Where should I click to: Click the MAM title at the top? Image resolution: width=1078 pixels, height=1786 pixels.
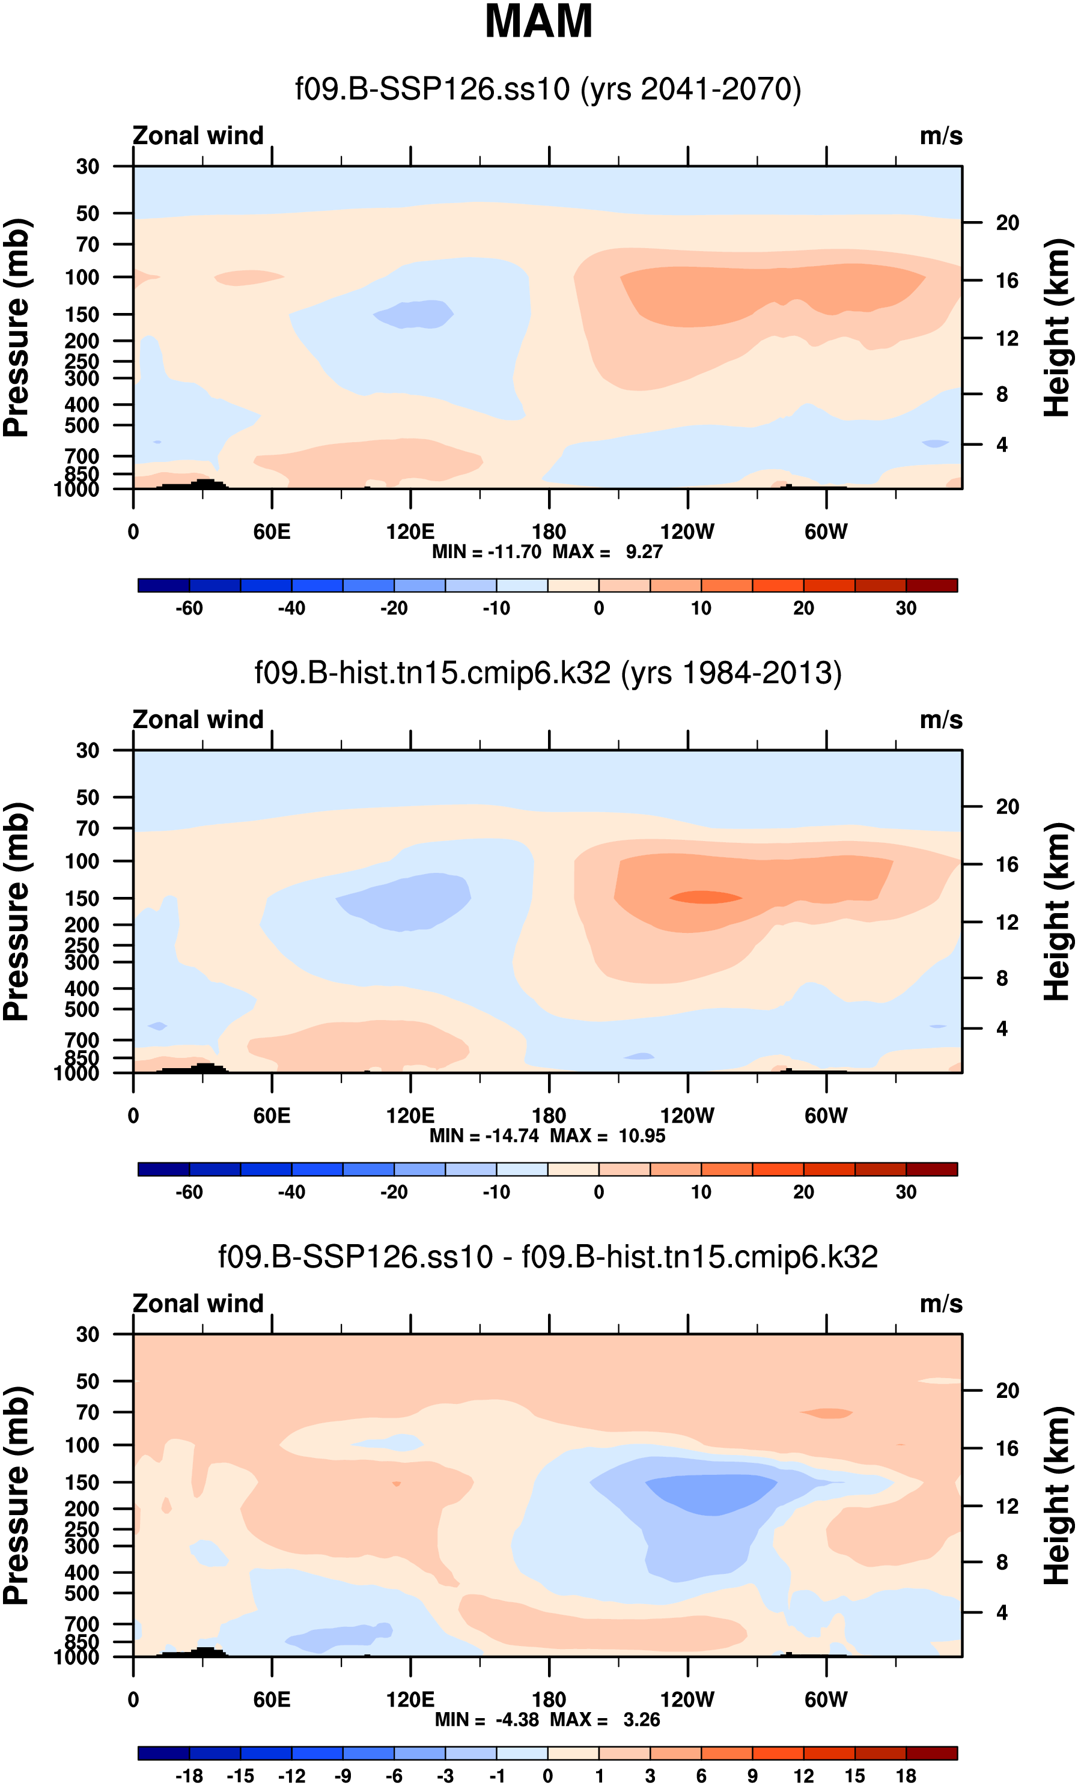[x=538, y=22]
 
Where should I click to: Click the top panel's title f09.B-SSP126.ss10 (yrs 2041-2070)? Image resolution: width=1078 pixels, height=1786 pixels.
[x=547, y=89]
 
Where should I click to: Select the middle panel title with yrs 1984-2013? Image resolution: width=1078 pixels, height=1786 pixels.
[x=547, y=673]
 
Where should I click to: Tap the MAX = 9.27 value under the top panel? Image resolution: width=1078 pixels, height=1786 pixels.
[x=608, y=552]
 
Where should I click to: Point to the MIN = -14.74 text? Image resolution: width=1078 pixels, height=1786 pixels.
[x=484, y=1136]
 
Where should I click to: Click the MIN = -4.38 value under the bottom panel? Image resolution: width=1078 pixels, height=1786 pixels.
[x=487, y=1720]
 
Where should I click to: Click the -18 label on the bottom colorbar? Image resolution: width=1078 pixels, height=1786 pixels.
[x=189, y=1776]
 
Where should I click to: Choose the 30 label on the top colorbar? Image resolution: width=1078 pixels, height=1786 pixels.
[x=906, y=608]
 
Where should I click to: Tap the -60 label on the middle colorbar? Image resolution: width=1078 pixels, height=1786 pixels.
[x=189, y=1192]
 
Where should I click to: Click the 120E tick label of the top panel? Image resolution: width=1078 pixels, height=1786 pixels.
[x=410, y=532]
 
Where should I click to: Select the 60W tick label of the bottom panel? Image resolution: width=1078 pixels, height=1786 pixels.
[x=826, y=1699]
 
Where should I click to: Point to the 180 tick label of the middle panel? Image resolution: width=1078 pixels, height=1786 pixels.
[x=549, y=1116]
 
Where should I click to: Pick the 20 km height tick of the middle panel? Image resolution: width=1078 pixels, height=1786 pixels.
[x=1007, y=807]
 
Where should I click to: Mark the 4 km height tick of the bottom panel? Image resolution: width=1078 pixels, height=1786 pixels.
[x=1001, y=1613]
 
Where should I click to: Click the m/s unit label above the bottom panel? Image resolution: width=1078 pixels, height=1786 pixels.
[x=941, y=1304]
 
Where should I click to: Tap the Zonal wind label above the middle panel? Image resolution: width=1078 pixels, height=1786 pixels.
[x=198, y=720]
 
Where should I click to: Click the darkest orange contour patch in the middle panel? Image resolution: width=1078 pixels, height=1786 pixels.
[x=705, y=898]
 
